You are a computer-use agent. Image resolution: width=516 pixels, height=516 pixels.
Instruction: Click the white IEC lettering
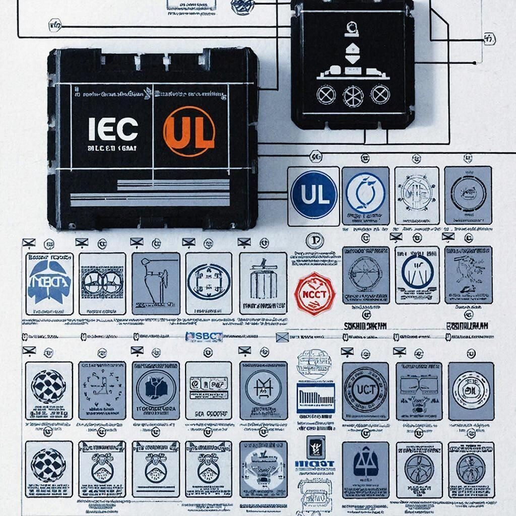113,130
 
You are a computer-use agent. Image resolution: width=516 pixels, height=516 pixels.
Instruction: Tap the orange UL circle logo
189,131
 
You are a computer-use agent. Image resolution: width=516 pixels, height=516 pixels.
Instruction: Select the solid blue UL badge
313,195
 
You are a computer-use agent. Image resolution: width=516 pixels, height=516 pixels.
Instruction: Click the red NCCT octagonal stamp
314,294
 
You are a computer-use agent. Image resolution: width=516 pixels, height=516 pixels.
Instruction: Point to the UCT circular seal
365,390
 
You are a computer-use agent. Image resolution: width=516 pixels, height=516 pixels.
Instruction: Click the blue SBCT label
204,337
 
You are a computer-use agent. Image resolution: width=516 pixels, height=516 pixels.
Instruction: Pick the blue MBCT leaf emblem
49,282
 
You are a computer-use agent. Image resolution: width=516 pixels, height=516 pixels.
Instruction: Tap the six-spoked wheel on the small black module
353,95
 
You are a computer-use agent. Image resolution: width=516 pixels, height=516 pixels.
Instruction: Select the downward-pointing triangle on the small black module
352,59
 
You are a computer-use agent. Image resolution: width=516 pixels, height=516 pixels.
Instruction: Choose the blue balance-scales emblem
365,464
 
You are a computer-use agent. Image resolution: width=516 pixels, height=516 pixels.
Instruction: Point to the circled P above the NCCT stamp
314,240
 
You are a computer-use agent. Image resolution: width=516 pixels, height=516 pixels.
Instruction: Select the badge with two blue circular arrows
365,194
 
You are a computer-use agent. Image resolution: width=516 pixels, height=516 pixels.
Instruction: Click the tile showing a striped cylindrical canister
263,282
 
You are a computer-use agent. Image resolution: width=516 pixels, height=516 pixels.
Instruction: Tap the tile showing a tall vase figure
156,282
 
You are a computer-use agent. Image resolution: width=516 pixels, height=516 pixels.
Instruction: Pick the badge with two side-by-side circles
102,282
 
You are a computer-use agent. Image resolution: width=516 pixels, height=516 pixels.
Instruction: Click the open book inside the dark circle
156,389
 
